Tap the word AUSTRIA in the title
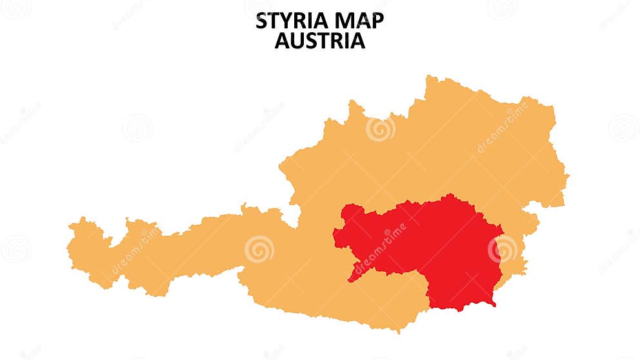click(319, 41)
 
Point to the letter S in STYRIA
click(262, 21)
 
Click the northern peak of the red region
click(450, 195)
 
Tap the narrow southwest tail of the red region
click(352, 279)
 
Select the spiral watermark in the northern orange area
click(380, 129)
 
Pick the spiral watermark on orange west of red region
click(259, 249)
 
